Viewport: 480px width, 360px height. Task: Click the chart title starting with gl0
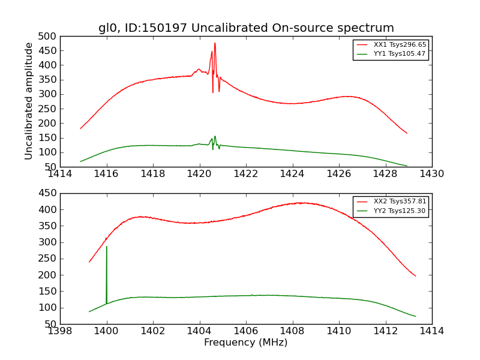[x=246, y=28]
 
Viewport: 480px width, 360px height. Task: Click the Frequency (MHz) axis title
[x=246, y=343]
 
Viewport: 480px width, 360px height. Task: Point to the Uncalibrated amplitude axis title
[x=29, y=101]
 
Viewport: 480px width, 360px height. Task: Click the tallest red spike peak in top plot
[x=215, y=43]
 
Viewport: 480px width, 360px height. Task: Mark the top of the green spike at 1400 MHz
[x=107, y=246]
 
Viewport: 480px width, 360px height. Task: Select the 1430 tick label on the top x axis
[x=432, y=174]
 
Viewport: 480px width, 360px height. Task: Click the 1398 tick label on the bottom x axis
[x=60, y=331]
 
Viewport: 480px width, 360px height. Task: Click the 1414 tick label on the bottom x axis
[x=432, y=331]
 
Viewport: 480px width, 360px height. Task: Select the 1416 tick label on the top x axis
[x=107, y=174]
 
